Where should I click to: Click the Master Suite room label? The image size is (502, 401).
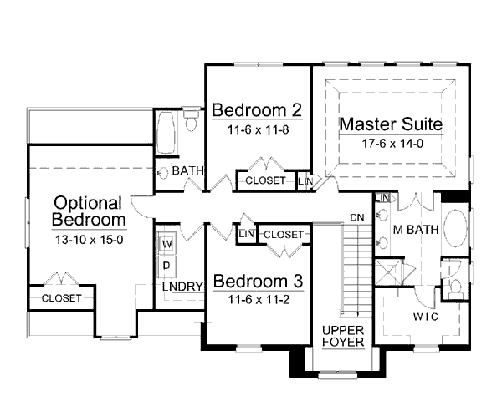(391, 124)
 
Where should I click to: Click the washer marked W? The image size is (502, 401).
(166, 244)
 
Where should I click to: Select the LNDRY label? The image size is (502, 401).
(183, 287)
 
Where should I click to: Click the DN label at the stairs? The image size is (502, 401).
(357, 218)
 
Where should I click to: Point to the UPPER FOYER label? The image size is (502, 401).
(342, 336)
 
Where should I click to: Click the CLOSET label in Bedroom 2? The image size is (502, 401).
(265, 180)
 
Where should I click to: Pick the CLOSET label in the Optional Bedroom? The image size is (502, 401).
(61, 297)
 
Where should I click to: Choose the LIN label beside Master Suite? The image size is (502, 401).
(305, 180)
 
